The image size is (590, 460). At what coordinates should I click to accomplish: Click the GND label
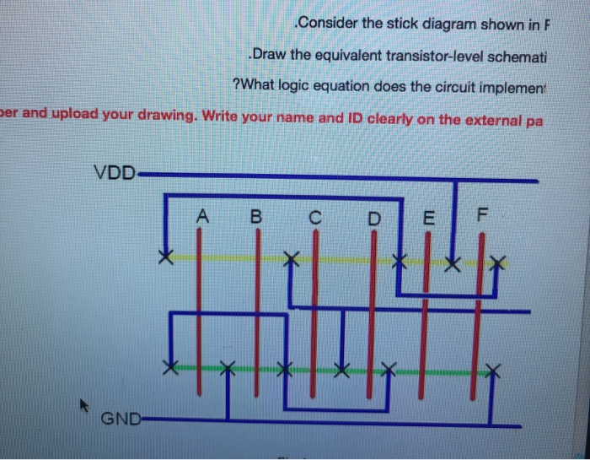click(120, 419)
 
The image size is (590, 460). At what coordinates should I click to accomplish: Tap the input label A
click(201, 215)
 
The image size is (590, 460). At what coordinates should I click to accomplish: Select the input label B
click(256, 216)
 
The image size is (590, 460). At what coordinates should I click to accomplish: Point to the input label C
click(314, 218)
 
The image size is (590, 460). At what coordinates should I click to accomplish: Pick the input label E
click(427, 218)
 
